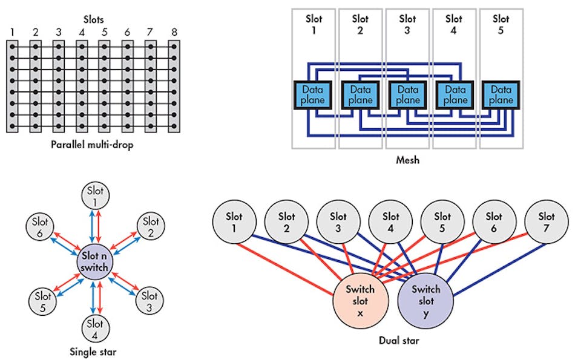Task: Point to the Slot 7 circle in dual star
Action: pos(546,221)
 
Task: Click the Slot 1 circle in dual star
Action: pos(235,221)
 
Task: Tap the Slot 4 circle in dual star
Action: pos(390,221)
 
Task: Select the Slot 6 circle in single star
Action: pos(41,227)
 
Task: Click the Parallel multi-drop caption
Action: pos(94,146)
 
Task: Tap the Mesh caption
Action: pos(407,160)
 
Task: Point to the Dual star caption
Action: pos(397,341)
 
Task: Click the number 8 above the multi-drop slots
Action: pos(175,32)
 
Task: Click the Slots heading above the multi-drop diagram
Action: pos(93,20)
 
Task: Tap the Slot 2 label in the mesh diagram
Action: pos(360,24)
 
